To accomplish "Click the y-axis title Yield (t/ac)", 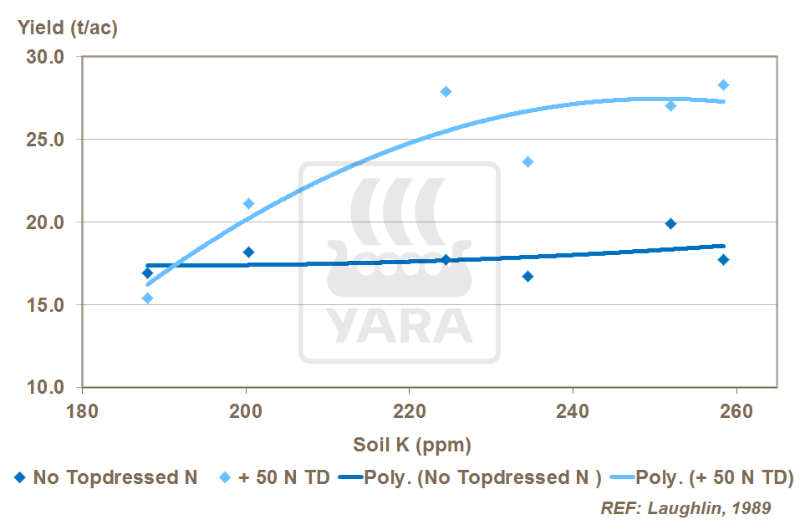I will [68, 28].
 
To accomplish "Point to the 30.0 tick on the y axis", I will [48, 58].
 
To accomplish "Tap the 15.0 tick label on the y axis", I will [48, 306].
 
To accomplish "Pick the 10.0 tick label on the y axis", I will [48, 388].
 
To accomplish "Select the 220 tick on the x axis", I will [409, 411].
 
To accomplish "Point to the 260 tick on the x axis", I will [736, 411].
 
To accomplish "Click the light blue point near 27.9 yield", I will [446, 91].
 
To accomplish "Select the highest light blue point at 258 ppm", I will [723, 84].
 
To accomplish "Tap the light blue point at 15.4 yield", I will [147, 298].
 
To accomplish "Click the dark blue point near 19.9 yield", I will [670, 223].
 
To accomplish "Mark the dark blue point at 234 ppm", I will [527, 276].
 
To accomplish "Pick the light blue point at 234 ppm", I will [527, 161].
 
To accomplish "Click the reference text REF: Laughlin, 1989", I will [685, 507].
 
